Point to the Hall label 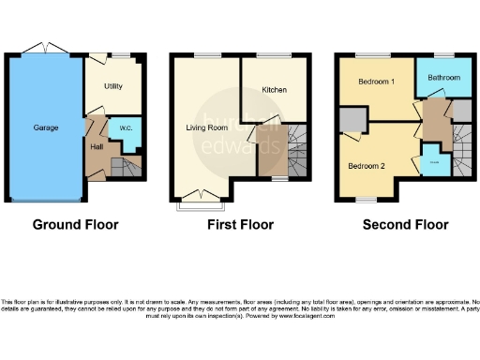97,147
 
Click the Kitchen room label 274,90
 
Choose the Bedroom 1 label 376,82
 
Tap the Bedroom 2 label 367,166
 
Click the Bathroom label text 443,77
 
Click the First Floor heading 241,225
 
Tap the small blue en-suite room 433,162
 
